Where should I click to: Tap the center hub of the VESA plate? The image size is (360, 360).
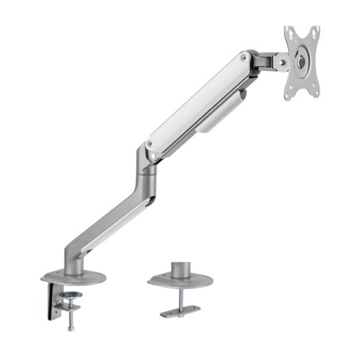pyautogui.click(x=301, y=60)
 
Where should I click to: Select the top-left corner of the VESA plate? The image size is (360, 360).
pyautogui.click(x=288, y=31)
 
